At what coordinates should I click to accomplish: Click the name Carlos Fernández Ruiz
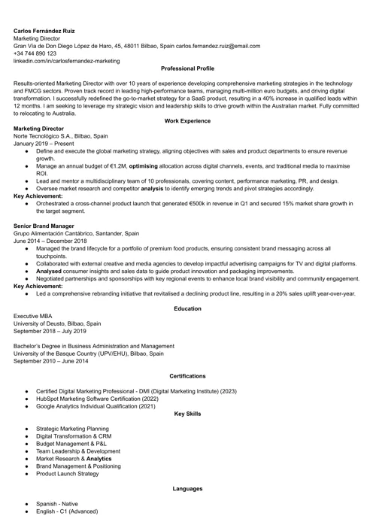(44, 31)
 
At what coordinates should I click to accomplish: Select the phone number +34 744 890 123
(35, 53)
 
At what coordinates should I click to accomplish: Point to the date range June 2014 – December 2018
(50, 241)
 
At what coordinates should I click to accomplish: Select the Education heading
(187, 308)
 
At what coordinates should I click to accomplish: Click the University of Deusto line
(57, 323)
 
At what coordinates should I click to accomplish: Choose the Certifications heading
(187, 375)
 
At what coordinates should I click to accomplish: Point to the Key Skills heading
(187, 413)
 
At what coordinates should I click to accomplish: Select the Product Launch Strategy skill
(67, 473)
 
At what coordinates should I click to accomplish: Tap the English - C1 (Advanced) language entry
(66, 511)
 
